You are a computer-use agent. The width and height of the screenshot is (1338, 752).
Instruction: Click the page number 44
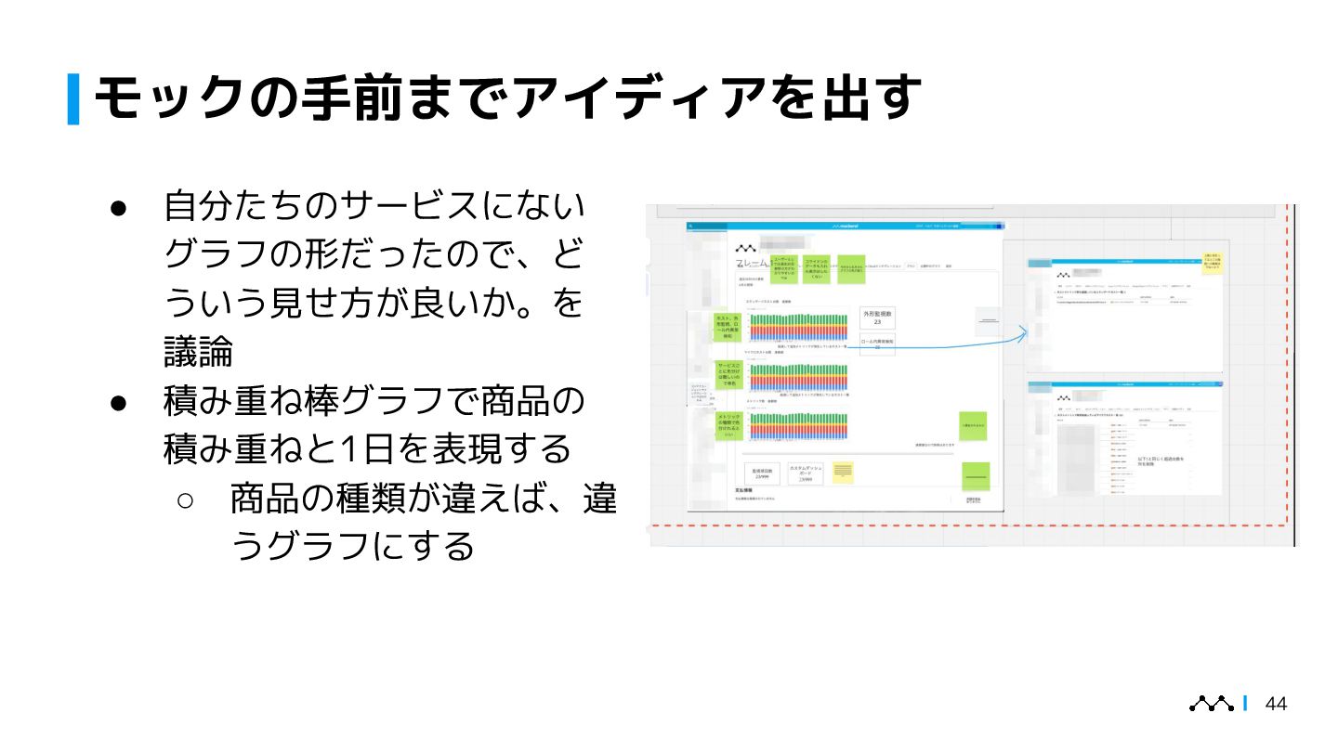coord(1277,704)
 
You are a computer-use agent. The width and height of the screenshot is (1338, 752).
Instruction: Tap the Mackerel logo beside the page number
coord(1212,704)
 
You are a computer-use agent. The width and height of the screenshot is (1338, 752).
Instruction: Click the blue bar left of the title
coord(73,98)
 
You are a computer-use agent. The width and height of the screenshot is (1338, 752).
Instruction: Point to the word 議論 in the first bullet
coord(198,352)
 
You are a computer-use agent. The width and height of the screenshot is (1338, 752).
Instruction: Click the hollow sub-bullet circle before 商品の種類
coord(184,500)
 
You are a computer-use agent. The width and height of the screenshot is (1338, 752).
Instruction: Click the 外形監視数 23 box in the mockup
coord(877,318)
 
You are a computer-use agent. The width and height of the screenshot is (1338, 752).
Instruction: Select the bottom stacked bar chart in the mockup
coord(798,425)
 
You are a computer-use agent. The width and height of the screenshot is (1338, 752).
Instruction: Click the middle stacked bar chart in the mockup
coord(798,376)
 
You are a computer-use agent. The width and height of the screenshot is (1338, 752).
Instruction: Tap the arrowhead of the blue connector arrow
coord(1024,332)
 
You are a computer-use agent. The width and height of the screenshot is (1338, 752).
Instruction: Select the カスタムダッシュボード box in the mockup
coord(805,473)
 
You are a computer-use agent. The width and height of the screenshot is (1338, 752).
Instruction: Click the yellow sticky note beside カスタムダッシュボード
coord(844,473)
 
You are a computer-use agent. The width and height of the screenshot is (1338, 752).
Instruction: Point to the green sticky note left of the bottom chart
coord(728,425)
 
